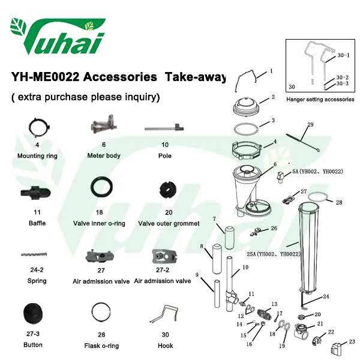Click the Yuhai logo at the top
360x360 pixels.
[58, 37]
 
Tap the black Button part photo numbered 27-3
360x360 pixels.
[33, 314]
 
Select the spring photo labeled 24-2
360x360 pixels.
[34, 254]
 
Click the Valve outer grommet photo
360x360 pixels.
[168, 190]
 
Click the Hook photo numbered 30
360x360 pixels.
[164, 314]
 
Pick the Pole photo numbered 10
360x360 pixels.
[164, 128]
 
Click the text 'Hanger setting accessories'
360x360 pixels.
[320, 100]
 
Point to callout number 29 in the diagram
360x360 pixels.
[310, 125]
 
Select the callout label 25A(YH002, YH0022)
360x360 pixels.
[274, 254]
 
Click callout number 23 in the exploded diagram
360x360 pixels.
[352, 342]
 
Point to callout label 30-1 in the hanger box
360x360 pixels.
[343, 55]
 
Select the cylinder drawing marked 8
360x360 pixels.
[217, 259]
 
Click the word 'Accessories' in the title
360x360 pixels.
[120, 77]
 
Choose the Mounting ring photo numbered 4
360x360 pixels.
[39, 128]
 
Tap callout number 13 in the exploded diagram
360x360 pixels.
[274, 304]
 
